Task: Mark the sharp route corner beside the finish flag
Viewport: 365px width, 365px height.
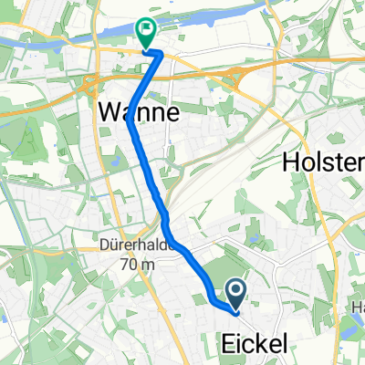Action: (x=162, y=55)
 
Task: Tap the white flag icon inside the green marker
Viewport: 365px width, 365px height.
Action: (x=146, y=31)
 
